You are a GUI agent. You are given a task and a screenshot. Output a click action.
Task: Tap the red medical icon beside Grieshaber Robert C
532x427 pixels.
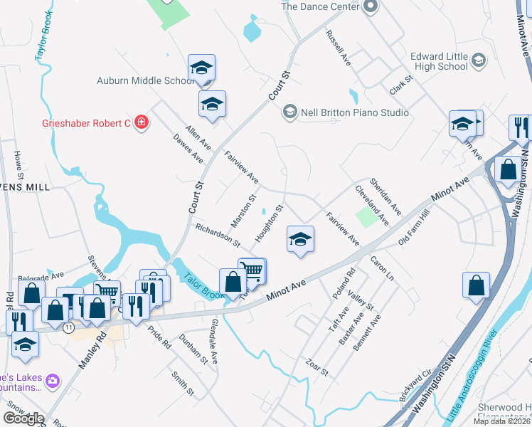point(142,123)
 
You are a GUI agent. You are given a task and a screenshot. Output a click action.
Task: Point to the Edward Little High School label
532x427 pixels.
point(439,61)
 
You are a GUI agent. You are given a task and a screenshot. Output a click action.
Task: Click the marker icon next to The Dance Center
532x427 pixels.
point(369,7)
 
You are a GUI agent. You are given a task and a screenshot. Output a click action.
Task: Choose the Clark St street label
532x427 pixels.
point(401,86)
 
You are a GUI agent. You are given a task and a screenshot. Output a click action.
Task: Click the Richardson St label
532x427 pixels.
point(217,235)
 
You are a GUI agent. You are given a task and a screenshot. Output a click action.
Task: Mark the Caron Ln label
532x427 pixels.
point(382,268)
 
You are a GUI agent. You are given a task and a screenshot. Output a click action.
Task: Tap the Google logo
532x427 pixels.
point(23,418)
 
